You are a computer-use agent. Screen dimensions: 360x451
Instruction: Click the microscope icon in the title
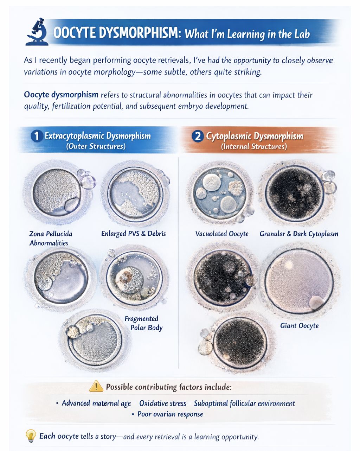(x=37, y=32)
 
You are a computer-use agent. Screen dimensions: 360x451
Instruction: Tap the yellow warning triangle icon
(x=96, y=386)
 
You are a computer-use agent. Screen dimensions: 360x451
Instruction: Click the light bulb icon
(x=31, y=436)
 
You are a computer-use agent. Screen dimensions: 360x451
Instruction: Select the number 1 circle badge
(x=37, y=136)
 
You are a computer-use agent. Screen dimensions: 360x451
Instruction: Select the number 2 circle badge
(x=198, y=136)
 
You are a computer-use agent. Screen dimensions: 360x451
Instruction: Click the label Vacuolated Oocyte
(x=222, y=234)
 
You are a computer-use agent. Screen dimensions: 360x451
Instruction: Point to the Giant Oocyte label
(x=299, y=326)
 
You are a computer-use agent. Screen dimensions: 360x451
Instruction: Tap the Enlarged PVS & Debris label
(x=133, y=234)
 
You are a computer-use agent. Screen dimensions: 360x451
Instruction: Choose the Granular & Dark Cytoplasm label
(x=299, y=234)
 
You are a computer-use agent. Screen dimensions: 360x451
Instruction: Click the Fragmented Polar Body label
(x=144, y=323)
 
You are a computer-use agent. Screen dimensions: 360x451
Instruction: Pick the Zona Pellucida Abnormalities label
(x=51, y=238)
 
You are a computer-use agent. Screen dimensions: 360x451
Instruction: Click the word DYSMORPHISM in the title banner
(x=139, y=33)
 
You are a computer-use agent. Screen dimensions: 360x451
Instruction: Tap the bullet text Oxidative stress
(x=162, y=403)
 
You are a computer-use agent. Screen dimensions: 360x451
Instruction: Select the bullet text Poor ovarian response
(x=170, y=414)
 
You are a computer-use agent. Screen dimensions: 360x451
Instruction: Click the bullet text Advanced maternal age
(x=96, y=403)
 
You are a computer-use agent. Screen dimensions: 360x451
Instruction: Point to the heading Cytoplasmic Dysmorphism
(x=255, y=136)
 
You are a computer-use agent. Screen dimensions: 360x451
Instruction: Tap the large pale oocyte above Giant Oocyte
(x=299, y=281)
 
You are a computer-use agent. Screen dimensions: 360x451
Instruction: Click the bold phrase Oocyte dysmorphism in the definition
(x=61, y=95)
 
